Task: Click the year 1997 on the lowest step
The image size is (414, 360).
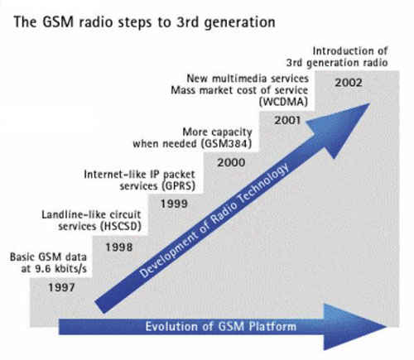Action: [x=61, y=287]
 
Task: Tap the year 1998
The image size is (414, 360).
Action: [x=119, y=247]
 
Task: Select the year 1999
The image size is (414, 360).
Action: [x=174, y=204]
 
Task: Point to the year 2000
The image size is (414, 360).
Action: [x=231, y=162]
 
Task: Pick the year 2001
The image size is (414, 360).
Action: [x=287, y=120]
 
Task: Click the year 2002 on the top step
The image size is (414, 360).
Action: [x=349, y=83]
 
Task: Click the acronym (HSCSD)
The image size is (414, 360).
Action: [x=120, y=227]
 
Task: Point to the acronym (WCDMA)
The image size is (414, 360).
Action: [x=283, y=102]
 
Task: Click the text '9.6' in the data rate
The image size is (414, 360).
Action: [x=43, y=268]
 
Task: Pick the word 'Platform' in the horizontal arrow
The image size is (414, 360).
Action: [x=272, y=327]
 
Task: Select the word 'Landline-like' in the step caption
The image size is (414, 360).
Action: [x=74, y=214]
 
